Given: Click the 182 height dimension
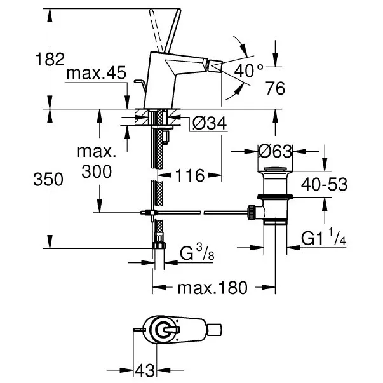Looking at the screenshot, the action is pos(50,59).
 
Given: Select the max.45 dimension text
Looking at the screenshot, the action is pos(97,72).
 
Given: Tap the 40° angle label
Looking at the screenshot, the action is pos(248,71).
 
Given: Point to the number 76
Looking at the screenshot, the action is pos(275,88).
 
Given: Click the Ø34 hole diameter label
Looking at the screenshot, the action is pos(210,123).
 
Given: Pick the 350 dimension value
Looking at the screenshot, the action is pos(48,179).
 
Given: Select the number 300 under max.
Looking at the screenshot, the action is pos(97,171).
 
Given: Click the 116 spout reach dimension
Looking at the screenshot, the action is pos(190,175).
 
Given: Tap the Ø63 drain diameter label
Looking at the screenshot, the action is pos(275,151).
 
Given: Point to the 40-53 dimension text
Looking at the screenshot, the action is pos(324,184).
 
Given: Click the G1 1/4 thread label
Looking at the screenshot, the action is pos(324,237).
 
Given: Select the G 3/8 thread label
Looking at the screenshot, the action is pos(197,253).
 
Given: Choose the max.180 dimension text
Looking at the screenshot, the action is pos(213,288).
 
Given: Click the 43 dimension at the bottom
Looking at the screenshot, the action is pos(145,370).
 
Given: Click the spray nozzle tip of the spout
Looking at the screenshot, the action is pos(215,67).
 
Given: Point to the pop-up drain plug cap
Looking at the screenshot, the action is pos(275,169).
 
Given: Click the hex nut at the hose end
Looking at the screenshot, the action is pos(159,245).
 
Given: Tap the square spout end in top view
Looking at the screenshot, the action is pos(215,330).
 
